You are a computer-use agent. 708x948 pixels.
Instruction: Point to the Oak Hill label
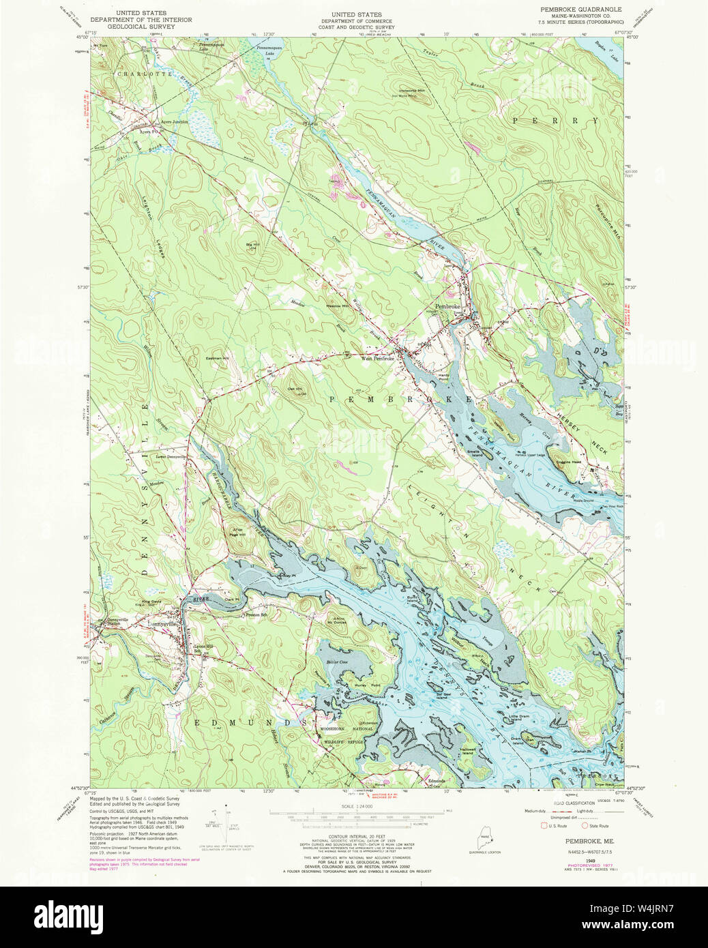[x=295, y=390]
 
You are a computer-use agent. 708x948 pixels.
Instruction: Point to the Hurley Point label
[x=366, y=685]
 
